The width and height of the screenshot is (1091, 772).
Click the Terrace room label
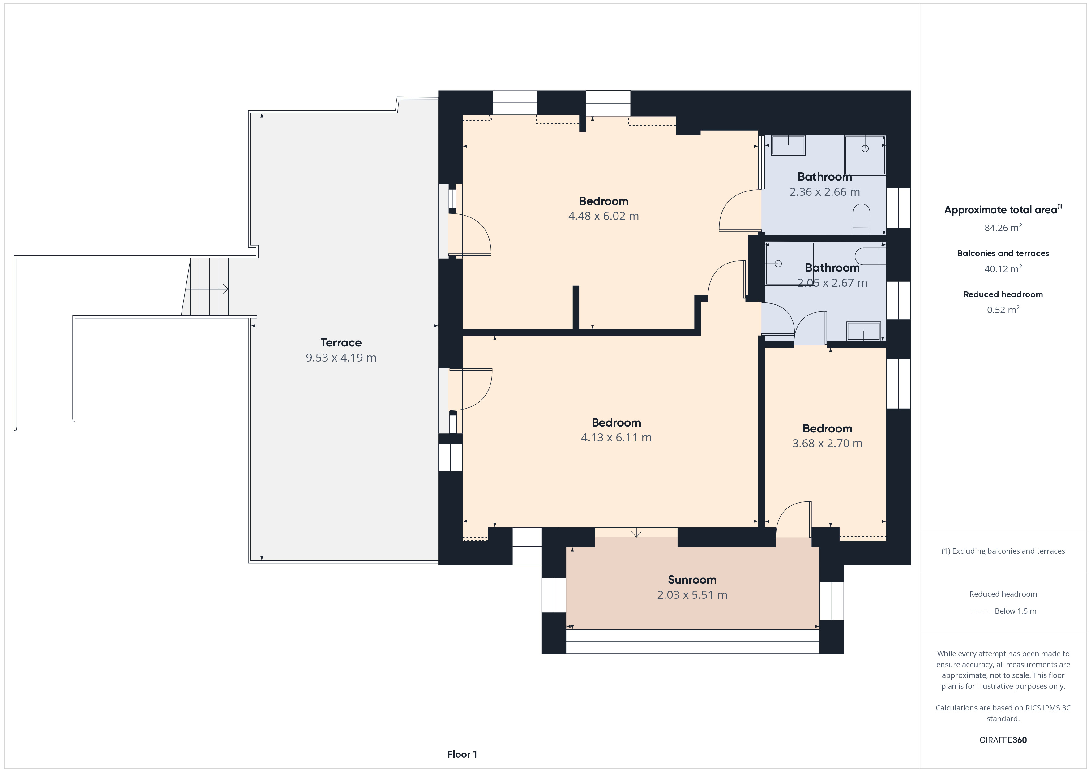341,342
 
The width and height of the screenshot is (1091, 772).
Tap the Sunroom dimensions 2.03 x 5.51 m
692,595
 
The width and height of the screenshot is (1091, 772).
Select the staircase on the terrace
205,287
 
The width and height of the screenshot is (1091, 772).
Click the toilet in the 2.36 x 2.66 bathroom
861,220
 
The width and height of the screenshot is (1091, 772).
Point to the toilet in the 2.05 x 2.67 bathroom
870,256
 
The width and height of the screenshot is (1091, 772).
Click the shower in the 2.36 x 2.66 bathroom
865,155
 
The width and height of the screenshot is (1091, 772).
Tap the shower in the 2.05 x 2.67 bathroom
790,264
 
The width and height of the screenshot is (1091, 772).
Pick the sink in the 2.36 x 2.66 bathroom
788,145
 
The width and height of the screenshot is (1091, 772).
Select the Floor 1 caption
462,754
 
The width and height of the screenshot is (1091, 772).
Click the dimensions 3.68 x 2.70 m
827,443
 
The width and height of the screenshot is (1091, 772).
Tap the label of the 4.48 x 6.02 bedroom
603,201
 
